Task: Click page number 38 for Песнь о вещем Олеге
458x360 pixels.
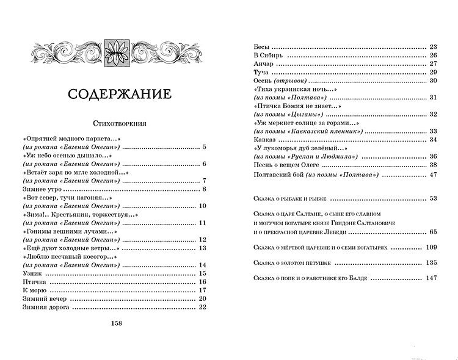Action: tap(434, 165)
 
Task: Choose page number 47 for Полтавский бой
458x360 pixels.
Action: tap(434, 175)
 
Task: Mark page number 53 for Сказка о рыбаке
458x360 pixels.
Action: tap(434, 199)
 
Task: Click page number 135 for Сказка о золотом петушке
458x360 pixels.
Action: tap(432, 263)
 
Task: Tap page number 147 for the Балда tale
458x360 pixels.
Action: tap(432, 279)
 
